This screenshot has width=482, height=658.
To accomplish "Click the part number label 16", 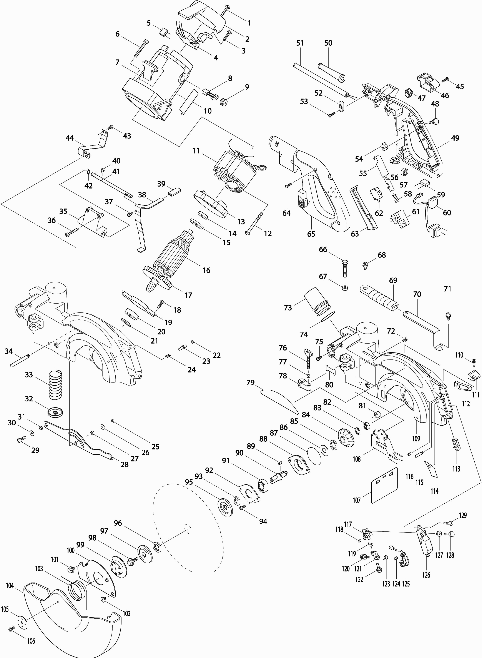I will pos(206,270).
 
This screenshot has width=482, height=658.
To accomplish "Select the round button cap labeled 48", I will pos(436,120).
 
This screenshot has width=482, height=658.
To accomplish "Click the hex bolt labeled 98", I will pos(132,561).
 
